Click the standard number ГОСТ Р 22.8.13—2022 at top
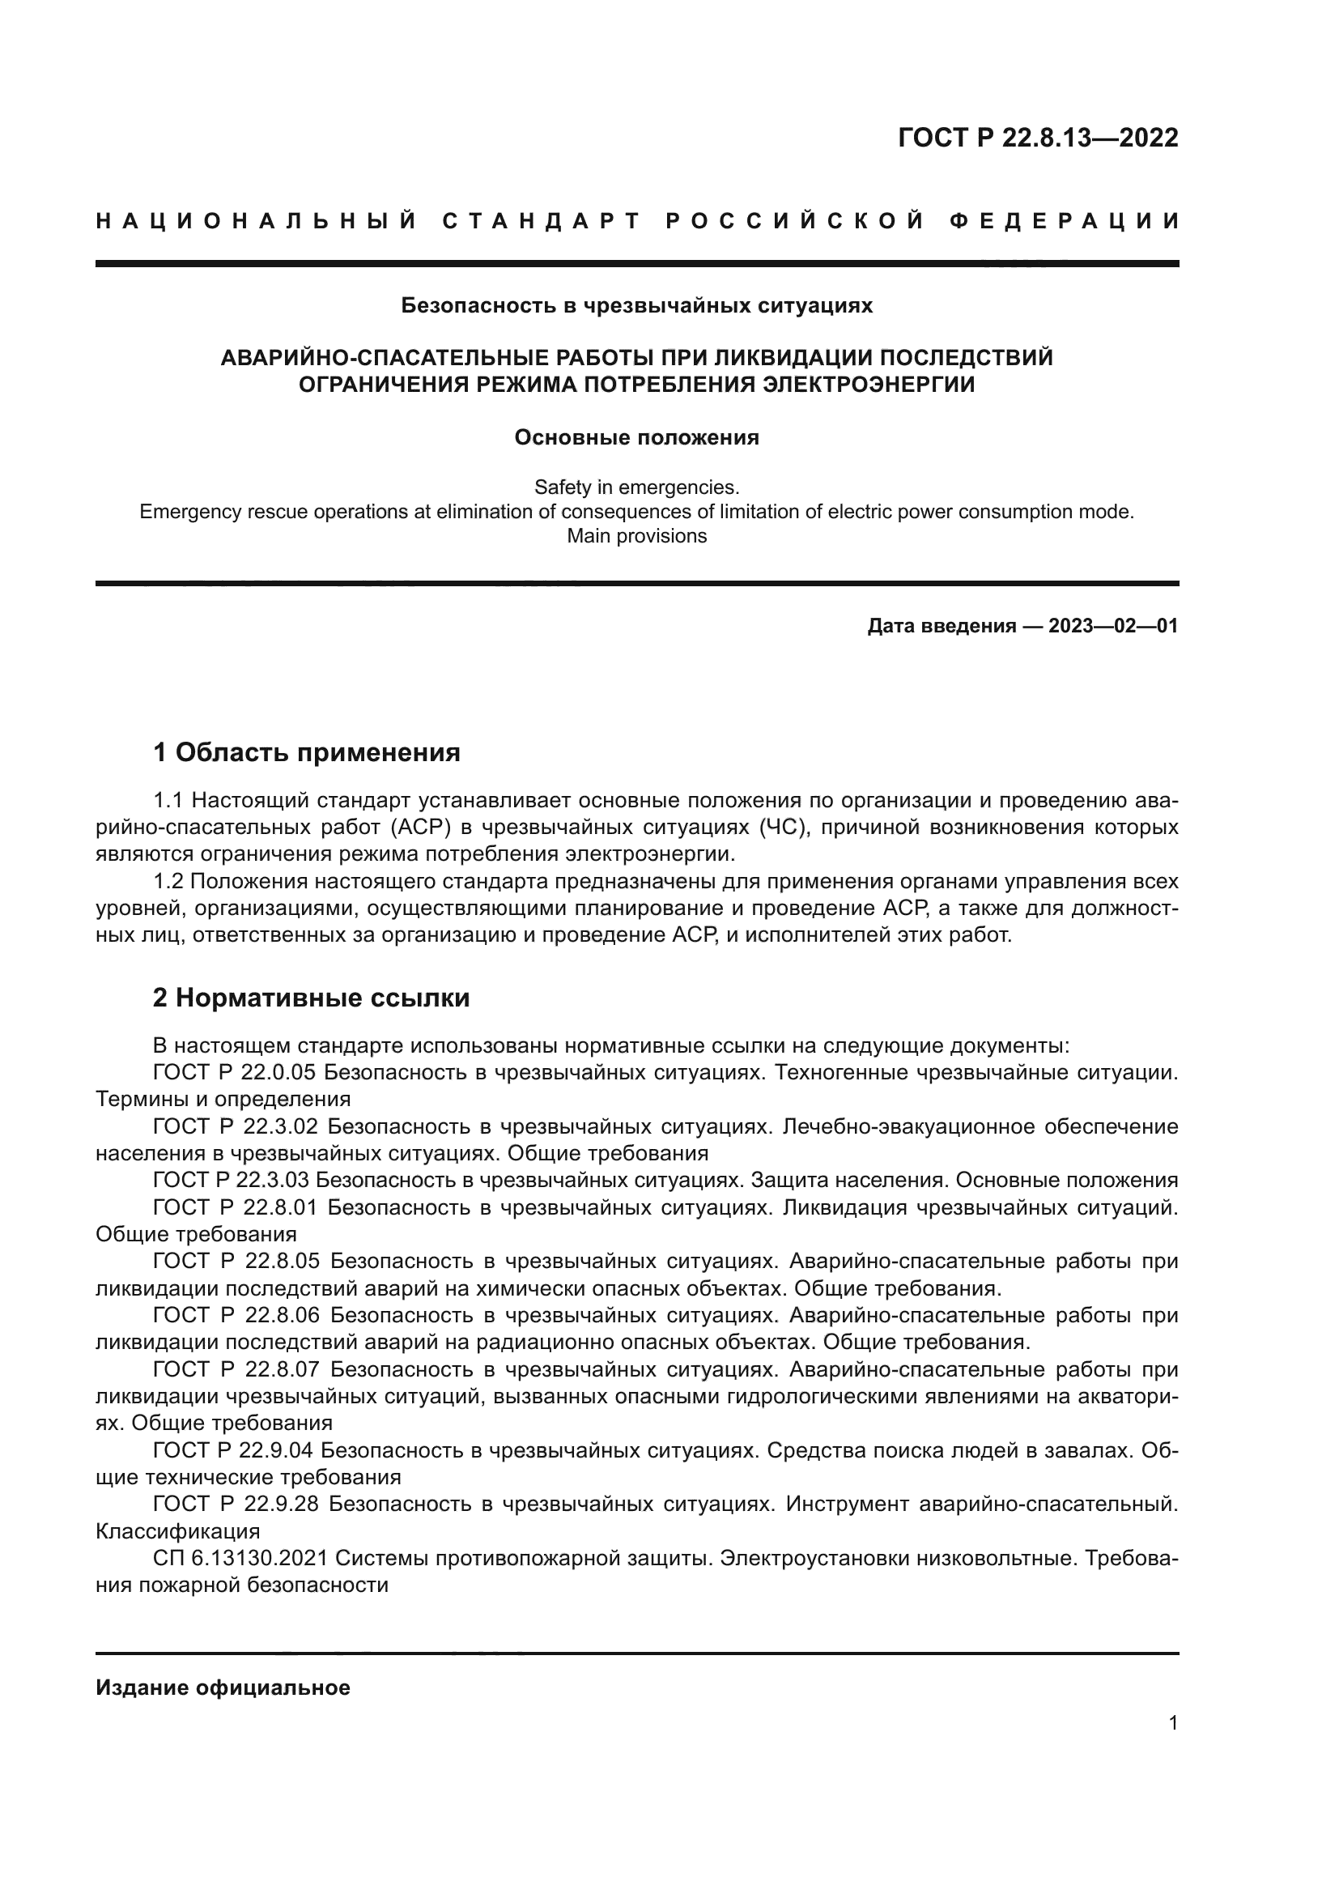[1037, 138]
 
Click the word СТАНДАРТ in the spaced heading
[542, 221]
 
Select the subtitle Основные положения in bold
[636, 437]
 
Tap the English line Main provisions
[636, 536]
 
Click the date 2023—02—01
[1113, 626]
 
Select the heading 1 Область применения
[307, 752]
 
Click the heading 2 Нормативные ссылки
[311, 998]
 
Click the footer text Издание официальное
[223, 1688]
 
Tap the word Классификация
[177, 1531]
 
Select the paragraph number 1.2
[168, 882]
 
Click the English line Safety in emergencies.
[636, 487]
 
